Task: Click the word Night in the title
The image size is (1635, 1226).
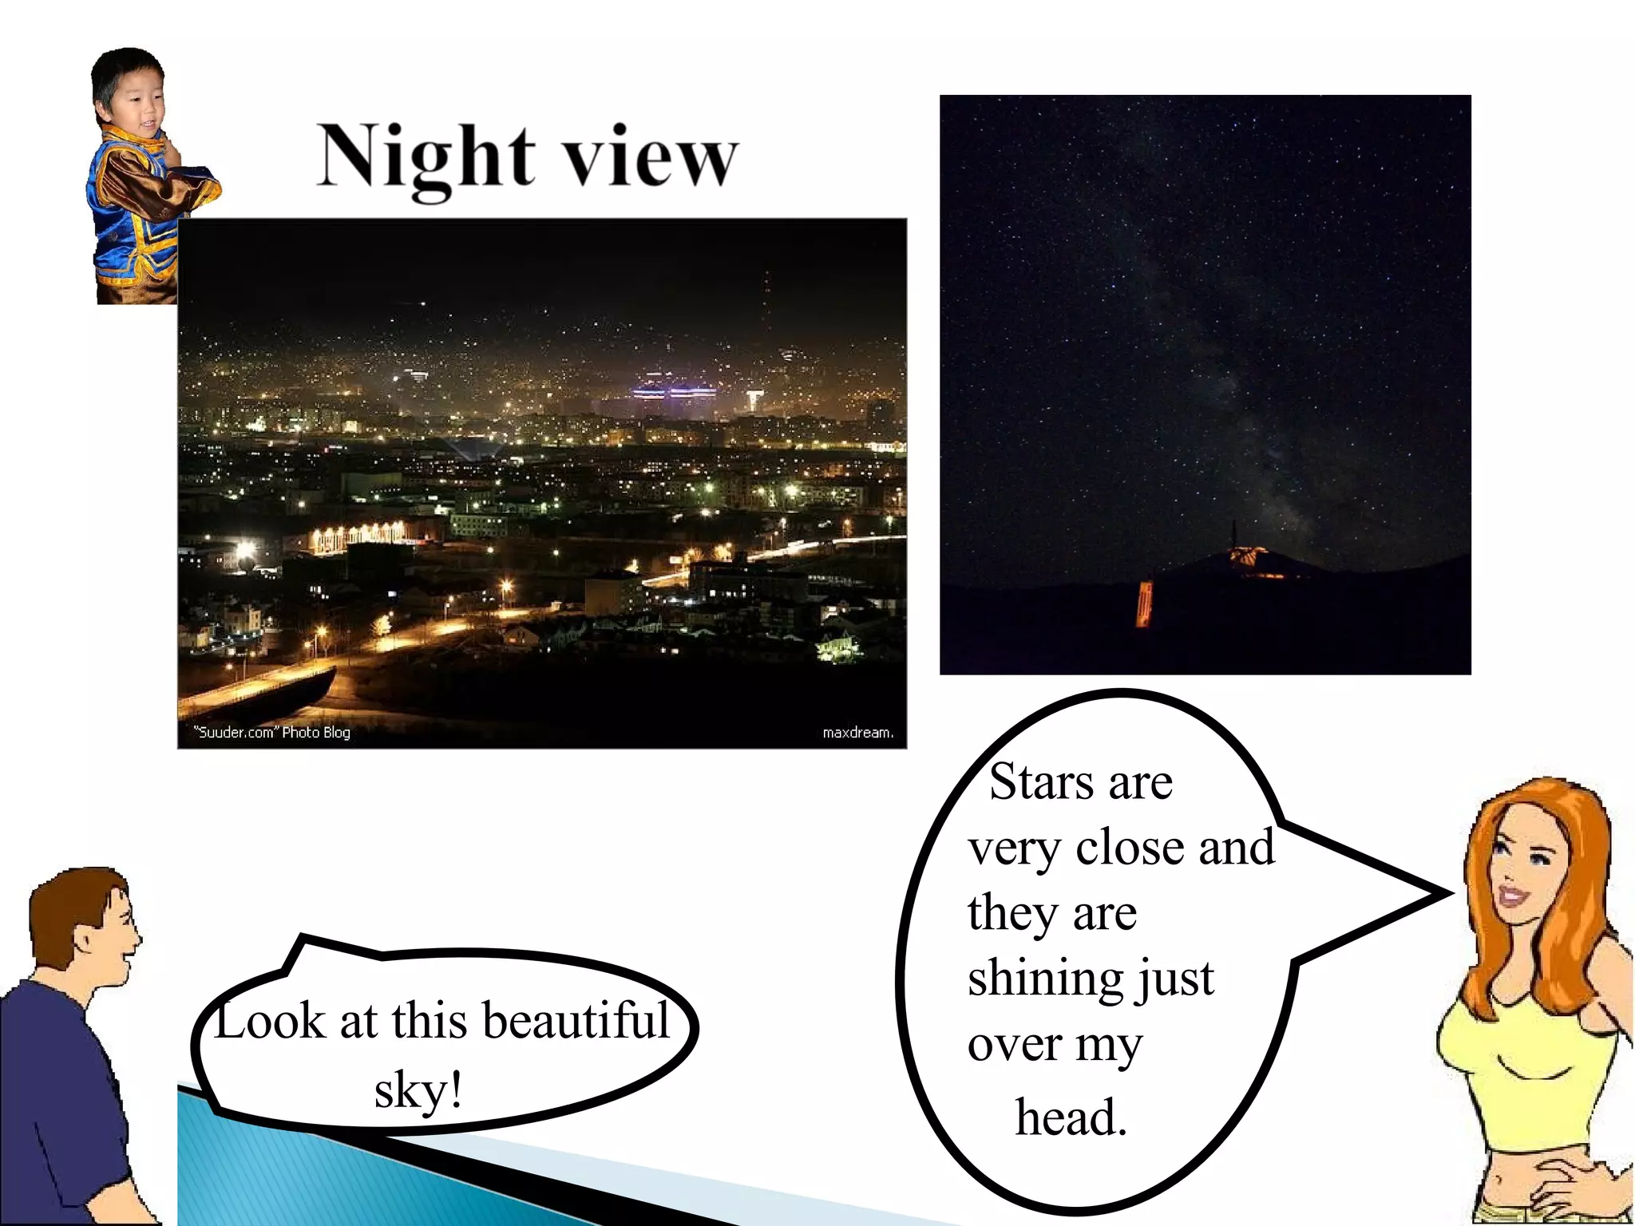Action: pyautogui.click(x=426, y=158)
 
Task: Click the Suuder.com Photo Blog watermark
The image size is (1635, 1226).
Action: pyautogui.click(x=272, y=732)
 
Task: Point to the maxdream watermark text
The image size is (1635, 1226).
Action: pyautogui.click(x=857, y=732)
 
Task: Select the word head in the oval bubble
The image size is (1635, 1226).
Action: pyautogui.click(x=1070, y=1117)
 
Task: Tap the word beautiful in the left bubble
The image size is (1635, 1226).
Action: pyautogui.click(x=576, y=1021)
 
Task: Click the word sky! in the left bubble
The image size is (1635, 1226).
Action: pyautogui.click(x=418, y=1090)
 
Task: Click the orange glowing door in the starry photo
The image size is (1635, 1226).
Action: pyautogui.click(x=1145, y=605)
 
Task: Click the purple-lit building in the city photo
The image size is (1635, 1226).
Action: pyautogui.click(x=675, y=394)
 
